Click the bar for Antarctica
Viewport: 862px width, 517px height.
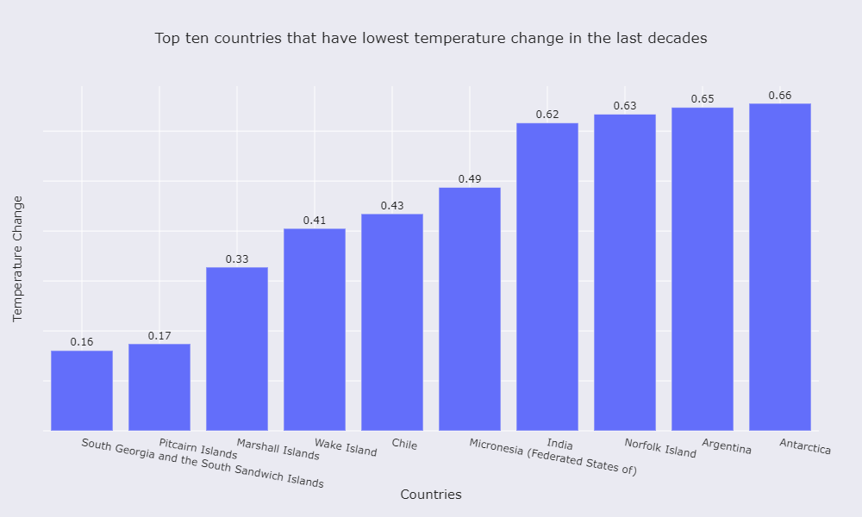(779, 267)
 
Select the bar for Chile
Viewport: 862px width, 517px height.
(391, 322)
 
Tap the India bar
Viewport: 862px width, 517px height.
(547, 277)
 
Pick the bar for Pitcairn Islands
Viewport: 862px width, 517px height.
(159, 387)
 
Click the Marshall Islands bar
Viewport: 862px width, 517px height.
(237, 349)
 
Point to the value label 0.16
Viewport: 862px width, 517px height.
(82, 342)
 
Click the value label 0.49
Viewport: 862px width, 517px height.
(470, 179)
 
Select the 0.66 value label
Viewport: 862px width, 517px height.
(779, 96)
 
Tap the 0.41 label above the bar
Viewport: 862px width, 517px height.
(315, 221)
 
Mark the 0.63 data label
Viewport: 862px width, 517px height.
(625, 106)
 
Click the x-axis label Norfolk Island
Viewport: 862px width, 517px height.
(659, 448)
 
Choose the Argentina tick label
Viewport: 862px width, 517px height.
(727, 446)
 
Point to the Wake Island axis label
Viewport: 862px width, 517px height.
(346, 447)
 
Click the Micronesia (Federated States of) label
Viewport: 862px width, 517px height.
(553, 457)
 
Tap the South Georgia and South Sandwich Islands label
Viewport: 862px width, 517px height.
(203, 464)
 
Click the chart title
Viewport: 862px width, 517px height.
(431, 38)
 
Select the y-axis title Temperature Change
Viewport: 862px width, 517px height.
(17, 258)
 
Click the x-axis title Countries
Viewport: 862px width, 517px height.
(431, 495)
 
